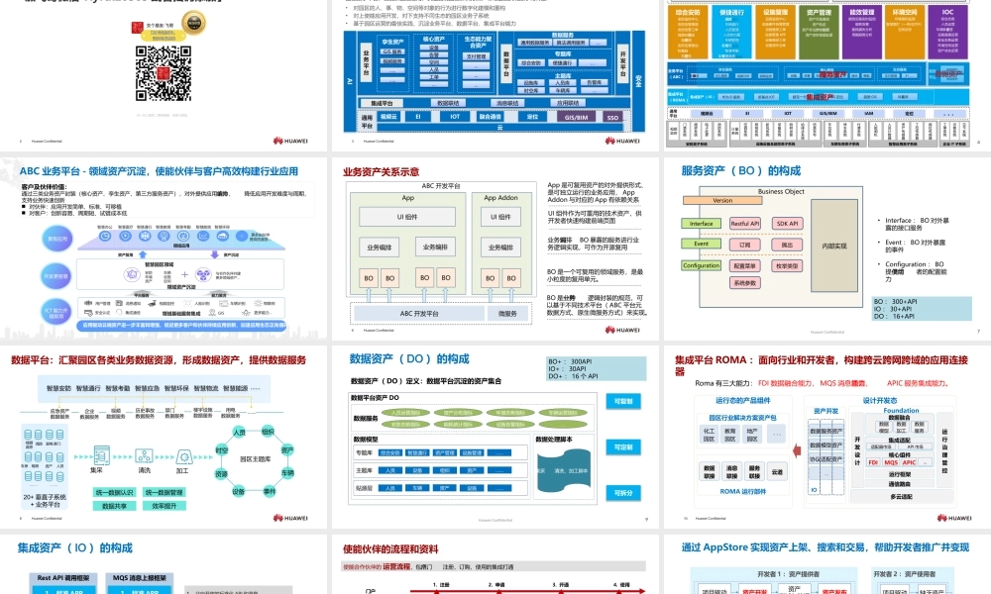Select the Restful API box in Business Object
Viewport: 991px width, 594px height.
coord(745,224)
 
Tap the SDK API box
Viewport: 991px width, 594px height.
coord(787,224)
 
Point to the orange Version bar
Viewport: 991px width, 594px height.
coord(722,201)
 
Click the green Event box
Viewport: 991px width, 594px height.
coord(701,244)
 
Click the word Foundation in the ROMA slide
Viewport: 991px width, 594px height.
coord(901,411)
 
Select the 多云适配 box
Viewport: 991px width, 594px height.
coord(901,496)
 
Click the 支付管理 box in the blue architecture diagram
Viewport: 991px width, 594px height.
coord(476,56)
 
